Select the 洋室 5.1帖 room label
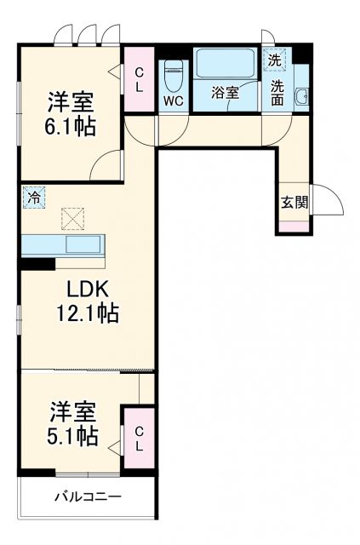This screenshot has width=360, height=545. pos(70,424)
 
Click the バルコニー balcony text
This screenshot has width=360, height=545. pos(88,496)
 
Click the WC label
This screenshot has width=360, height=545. pos(174,99)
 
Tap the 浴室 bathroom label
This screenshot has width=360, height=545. pos(225,93)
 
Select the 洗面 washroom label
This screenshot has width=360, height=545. pos(277,91)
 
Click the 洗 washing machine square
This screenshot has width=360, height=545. pos(274,60)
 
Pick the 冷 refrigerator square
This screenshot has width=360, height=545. pos(31,195)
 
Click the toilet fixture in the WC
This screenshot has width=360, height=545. pos(174,75)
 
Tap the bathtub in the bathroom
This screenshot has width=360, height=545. pos(225,63)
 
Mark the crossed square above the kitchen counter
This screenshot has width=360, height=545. pos(73,219)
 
